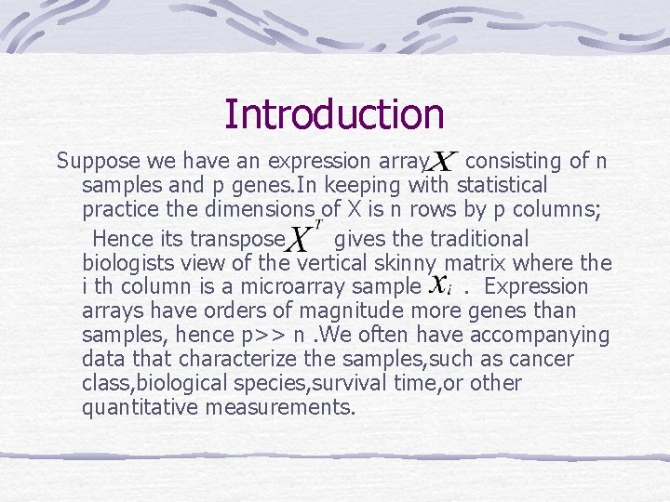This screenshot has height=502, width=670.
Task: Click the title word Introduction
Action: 334,114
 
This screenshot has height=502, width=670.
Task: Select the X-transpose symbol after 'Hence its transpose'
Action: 301,238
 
